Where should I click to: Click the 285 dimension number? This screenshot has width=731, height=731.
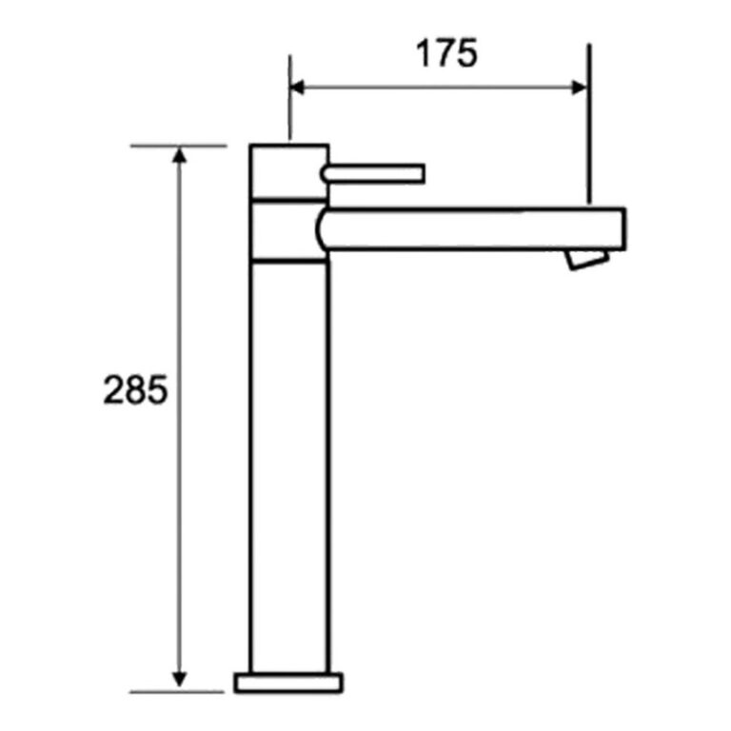135,391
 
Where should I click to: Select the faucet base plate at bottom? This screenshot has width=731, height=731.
288,682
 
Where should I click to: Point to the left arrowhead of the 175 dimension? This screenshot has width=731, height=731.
298,88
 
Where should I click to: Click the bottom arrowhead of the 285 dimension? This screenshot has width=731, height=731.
178,682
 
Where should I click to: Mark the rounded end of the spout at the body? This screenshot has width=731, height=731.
321,229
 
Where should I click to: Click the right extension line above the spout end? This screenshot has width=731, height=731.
589,124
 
